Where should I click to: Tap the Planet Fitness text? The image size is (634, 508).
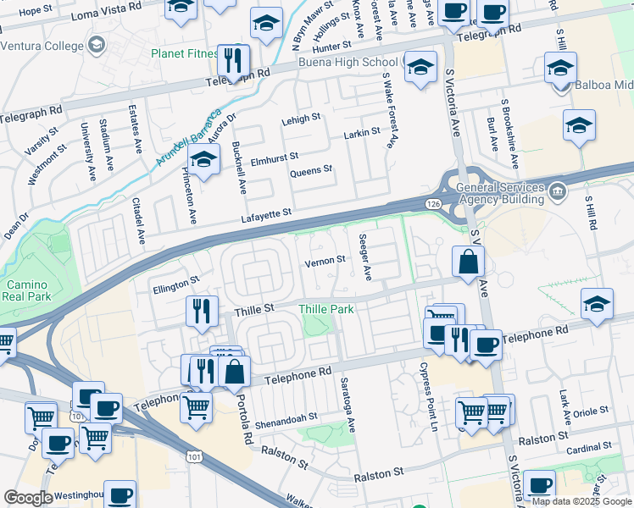point(184,53)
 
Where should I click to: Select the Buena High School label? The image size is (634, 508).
point(348,63)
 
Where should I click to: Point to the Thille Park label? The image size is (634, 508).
point(326,310)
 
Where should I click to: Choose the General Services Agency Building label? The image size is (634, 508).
point(500,193)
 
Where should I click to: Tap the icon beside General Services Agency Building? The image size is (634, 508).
point(557,190)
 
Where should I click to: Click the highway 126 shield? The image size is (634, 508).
point(432,204)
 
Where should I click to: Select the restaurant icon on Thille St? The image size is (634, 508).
point(202,311)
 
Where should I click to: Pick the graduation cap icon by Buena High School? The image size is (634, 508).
point(419,68)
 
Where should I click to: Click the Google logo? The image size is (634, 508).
point(28,497)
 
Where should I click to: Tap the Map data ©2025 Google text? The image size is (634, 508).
point(581,501)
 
